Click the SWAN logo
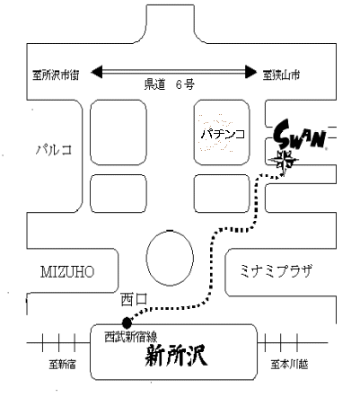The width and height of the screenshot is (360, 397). (x=300, y=135)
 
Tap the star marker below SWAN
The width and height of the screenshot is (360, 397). (x=283, y=161)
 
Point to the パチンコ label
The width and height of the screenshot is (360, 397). (x=223, y=134)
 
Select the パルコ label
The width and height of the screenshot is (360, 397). (x=54, y=149)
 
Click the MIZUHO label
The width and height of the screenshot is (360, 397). (x=67, y=272)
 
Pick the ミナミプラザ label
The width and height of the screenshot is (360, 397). (x=276, y=270)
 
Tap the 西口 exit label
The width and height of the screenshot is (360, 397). (x=134, y=299)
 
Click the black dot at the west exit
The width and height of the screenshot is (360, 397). (x=127, y=322)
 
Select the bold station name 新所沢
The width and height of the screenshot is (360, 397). (x=176, y=356)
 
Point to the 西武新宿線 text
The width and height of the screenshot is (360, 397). (x=131, y=337)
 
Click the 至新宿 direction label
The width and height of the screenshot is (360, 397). (x=63, y=365)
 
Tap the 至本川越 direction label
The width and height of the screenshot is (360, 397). (x=289, y=365)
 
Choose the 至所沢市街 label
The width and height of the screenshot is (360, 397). (x=56, y=75)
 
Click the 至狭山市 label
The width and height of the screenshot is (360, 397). (x=281, y=75)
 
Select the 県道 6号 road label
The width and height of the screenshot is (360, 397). (x=170, y=84)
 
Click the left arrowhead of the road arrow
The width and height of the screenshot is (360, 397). (x=97, y=72)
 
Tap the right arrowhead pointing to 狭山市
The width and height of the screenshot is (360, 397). (x=250, y=72)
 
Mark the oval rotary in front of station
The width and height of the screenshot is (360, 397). (x=170, y=258)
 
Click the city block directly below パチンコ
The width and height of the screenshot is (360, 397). (x=222, y=194)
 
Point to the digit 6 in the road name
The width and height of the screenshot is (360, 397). (x=179, y=84)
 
